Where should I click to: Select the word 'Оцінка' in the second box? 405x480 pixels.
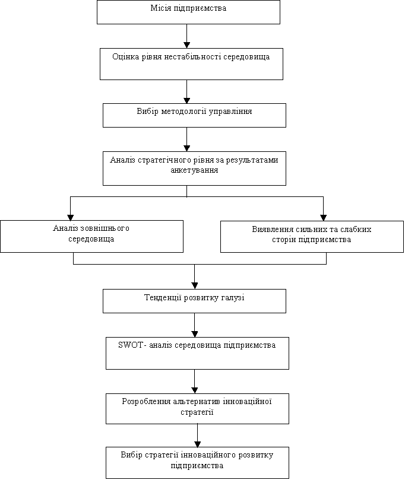pos(126,57)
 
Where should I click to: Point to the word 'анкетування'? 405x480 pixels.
pos(194,170)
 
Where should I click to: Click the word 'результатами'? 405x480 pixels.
pos(252,160)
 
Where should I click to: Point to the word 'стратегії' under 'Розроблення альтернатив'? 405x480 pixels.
pos(197,412)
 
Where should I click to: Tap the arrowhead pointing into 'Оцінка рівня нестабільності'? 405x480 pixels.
pos(186,45)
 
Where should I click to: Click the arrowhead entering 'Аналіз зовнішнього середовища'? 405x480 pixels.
pos(70,217)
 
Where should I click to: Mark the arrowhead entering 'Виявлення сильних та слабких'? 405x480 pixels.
pos(323,218)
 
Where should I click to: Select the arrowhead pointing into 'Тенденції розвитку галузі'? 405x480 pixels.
pos(194,286)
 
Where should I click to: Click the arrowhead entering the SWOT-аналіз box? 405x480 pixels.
pos(194,334)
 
